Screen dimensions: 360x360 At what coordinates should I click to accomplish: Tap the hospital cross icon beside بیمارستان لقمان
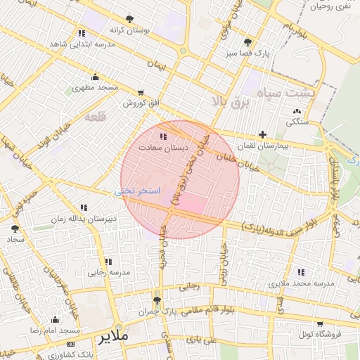point(262,134)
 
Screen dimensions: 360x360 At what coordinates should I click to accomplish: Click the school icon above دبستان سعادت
point(163,137)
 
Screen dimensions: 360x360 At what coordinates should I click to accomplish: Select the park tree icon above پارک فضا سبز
point(247,42)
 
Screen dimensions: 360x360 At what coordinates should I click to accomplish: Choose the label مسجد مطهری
point(95,89)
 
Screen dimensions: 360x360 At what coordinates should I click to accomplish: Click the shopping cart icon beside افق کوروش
point(141,93)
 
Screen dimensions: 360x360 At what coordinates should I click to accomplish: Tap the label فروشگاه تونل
point(319,335)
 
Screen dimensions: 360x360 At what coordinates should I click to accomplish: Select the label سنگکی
point(296,122)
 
